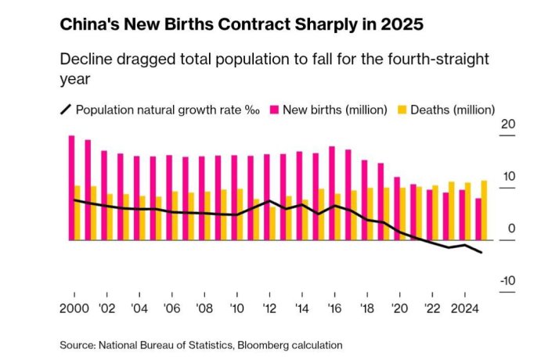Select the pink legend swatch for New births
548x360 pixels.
(x=275, y=110)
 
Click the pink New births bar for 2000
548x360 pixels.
(x=71, y=188)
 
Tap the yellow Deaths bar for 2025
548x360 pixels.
(x=485, y=211)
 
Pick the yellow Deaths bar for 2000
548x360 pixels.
(x=78, y=213)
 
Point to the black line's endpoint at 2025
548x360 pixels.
(x=481, y=253)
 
